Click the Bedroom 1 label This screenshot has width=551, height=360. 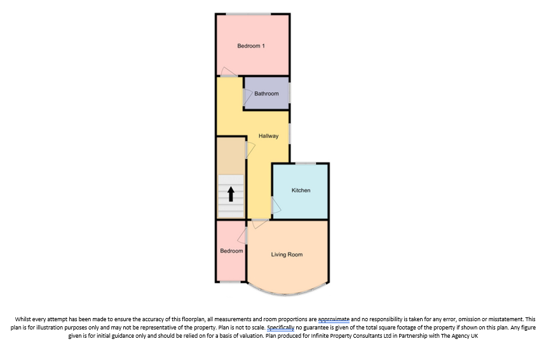251,46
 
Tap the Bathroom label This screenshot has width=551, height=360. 266,93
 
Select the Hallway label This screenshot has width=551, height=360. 268,135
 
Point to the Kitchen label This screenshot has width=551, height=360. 301,190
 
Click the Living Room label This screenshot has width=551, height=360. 287,254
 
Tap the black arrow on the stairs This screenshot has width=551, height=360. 231,194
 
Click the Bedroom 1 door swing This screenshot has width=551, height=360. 229,72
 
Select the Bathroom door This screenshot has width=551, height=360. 247,97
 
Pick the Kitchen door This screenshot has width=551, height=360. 276,205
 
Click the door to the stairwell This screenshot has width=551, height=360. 250,150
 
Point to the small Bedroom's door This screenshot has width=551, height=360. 242,235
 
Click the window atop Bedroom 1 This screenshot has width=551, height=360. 248,14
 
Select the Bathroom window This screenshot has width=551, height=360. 290,93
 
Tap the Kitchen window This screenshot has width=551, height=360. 305,163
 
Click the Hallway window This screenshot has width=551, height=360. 290,133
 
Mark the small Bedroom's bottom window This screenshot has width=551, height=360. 230,282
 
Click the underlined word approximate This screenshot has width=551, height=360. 334,319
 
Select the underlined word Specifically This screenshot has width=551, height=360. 280,328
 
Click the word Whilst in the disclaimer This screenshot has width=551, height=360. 23,319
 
